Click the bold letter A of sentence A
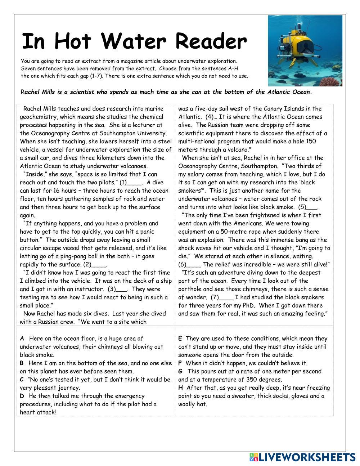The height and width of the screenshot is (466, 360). tap(22, 339)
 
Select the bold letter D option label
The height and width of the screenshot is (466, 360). tap(22, 396)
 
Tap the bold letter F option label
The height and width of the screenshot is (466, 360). tap(180, 363)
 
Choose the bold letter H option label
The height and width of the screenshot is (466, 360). tap(180, 388)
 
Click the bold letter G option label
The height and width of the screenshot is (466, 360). tap(180, 371)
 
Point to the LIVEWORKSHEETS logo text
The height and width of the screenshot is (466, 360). tap(306, 457)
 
